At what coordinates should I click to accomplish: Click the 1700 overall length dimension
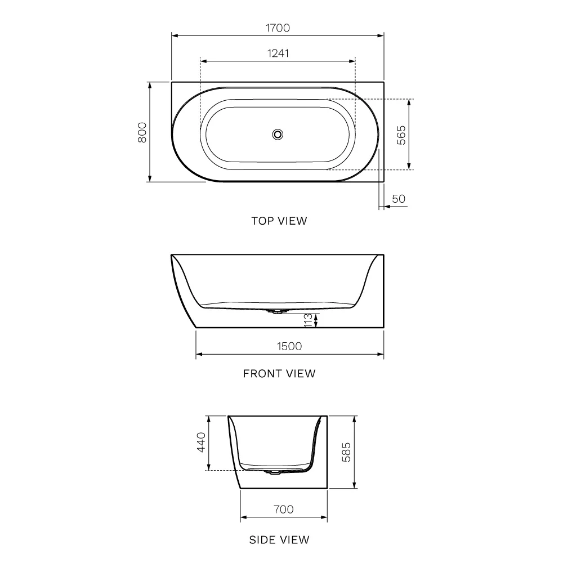coord(278,28)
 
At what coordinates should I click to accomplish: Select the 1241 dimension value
coord(278,53)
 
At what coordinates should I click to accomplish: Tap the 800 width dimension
coord(142,132)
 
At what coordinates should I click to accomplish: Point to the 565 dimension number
coord(401,135)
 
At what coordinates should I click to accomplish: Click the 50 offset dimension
coord(399,199)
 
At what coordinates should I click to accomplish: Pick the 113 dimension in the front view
coord(308,320)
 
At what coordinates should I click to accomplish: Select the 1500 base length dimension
coord(289,346)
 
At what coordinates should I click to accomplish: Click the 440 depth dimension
coord(201,442)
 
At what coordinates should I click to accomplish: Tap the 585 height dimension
coord(346,452)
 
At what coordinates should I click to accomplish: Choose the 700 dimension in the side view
coord(284,509)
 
